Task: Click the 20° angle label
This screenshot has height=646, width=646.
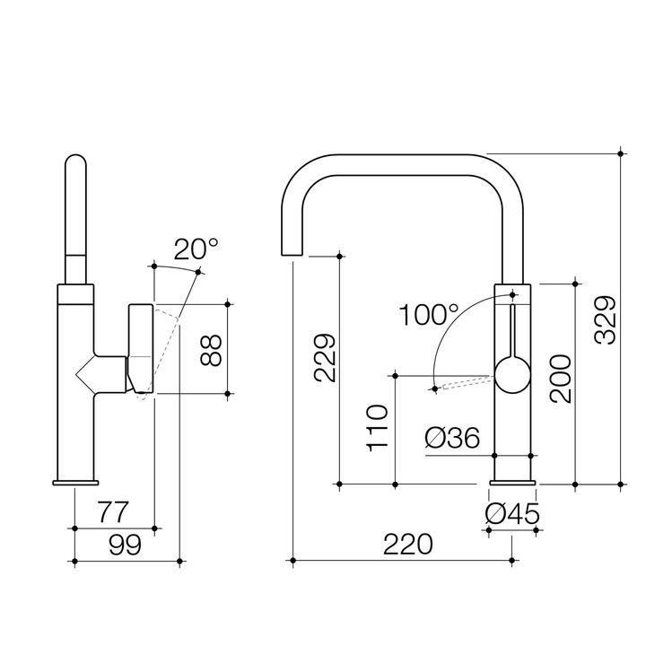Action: pos(195,249)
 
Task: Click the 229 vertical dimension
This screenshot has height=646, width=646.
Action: pos(325,358)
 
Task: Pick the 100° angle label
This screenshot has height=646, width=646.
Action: pos(429,315)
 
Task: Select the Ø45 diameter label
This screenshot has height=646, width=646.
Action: pos(511,514)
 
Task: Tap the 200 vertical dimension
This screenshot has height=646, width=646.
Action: pos(560,379)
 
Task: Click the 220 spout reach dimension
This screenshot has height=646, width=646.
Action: pos(407,545)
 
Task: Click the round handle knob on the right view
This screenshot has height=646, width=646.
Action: pos(512,373)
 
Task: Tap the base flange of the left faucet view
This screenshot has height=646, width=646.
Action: pos(75,484)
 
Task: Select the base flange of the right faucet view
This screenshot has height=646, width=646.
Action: pos(512,484)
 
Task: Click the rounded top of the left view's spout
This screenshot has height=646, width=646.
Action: pos(76,165)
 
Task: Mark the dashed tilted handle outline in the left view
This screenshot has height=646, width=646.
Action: pos(167,354)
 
